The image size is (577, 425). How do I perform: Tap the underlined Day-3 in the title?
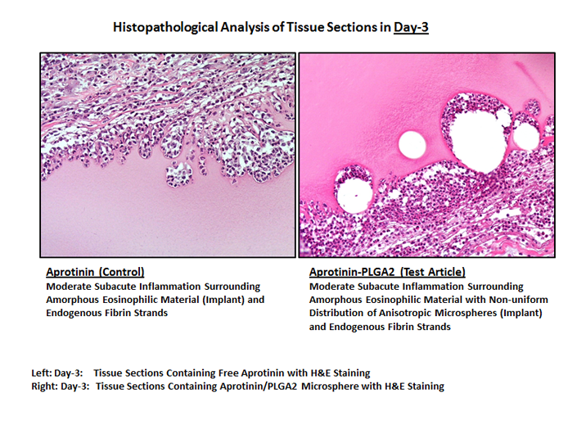[411, 28]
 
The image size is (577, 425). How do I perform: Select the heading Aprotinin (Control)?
[95, 272]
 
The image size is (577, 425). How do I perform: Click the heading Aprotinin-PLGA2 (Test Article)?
[387, 272]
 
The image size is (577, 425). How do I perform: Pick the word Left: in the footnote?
[41, 373]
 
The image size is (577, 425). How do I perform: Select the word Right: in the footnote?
[44, 387]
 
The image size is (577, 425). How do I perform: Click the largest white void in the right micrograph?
[478, 141]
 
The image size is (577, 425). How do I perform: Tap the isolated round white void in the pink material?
[412, 144]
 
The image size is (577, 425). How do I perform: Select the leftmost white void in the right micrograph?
[353, 195]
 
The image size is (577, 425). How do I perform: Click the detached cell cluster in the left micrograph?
[179, 175]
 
